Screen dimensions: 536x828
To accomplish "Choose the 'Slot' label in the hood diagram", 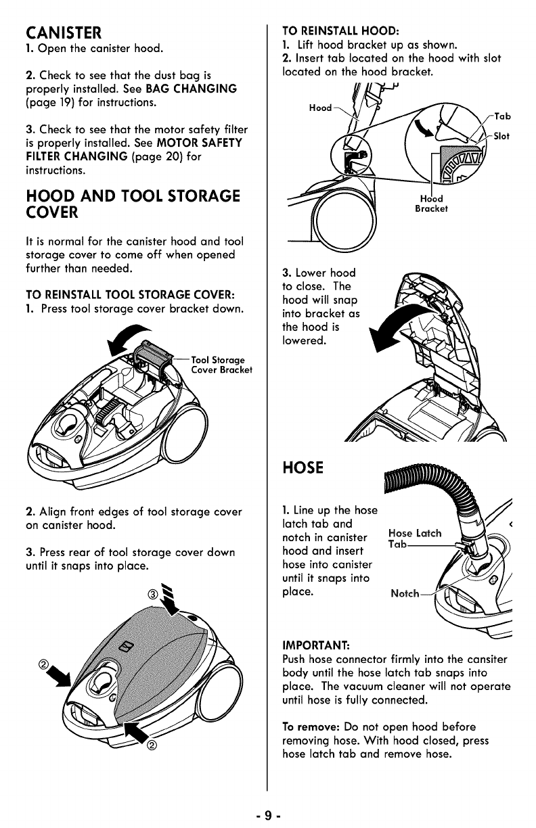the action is (x=501, y=136).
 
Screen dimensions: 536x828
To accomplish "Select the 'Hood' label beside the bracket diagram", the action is (x=319, y=108).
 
